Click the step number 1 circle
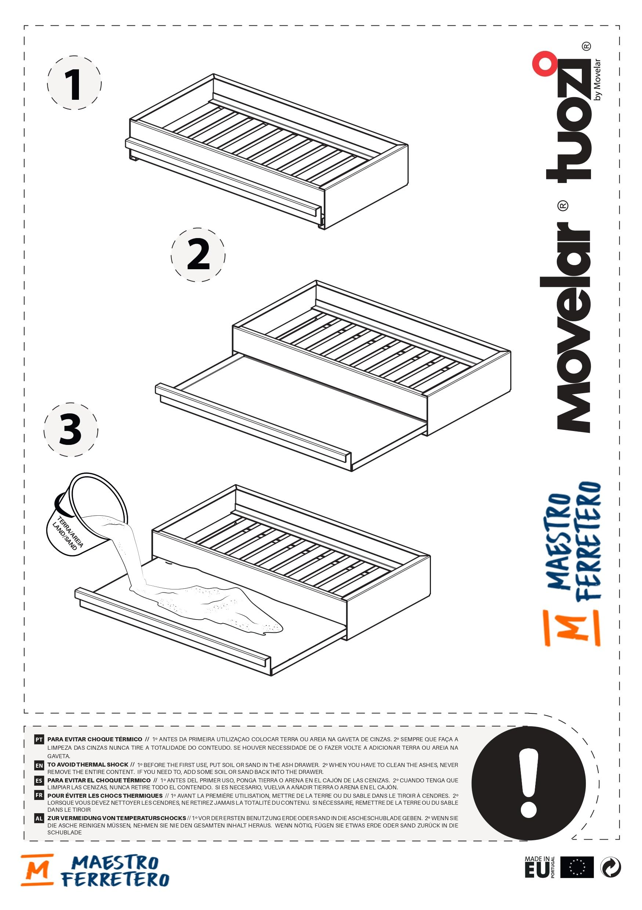[74, 83]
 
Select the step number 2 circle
[198, 255]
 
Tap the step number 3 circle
[70, 430]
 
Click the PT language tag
[39, 739]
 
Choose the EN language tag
[39, 765]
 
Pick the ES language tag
[39, 781]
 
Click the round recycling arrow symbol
[611, 867]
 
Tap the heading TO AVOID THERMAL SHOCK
[88, 764]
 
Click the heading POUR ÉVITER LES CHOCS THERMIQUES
[105, 796]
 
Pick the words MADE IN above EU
[537, 859]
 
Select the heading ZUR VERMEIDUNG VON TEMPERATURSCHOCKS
[117, 818]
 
